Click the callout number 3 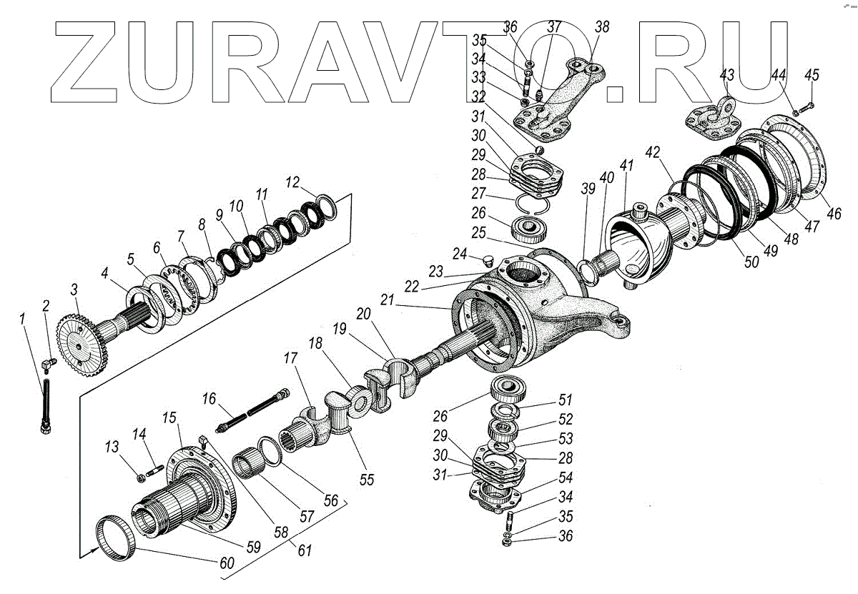pos(74,290)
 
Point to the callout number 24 pos(458,254)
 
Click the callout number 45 pos(812,76)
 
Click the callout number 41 pos(627,166)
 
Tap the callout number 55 pos(367,480)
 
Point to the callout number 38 pos(603,27)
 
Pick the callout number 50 pos(751,262)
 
